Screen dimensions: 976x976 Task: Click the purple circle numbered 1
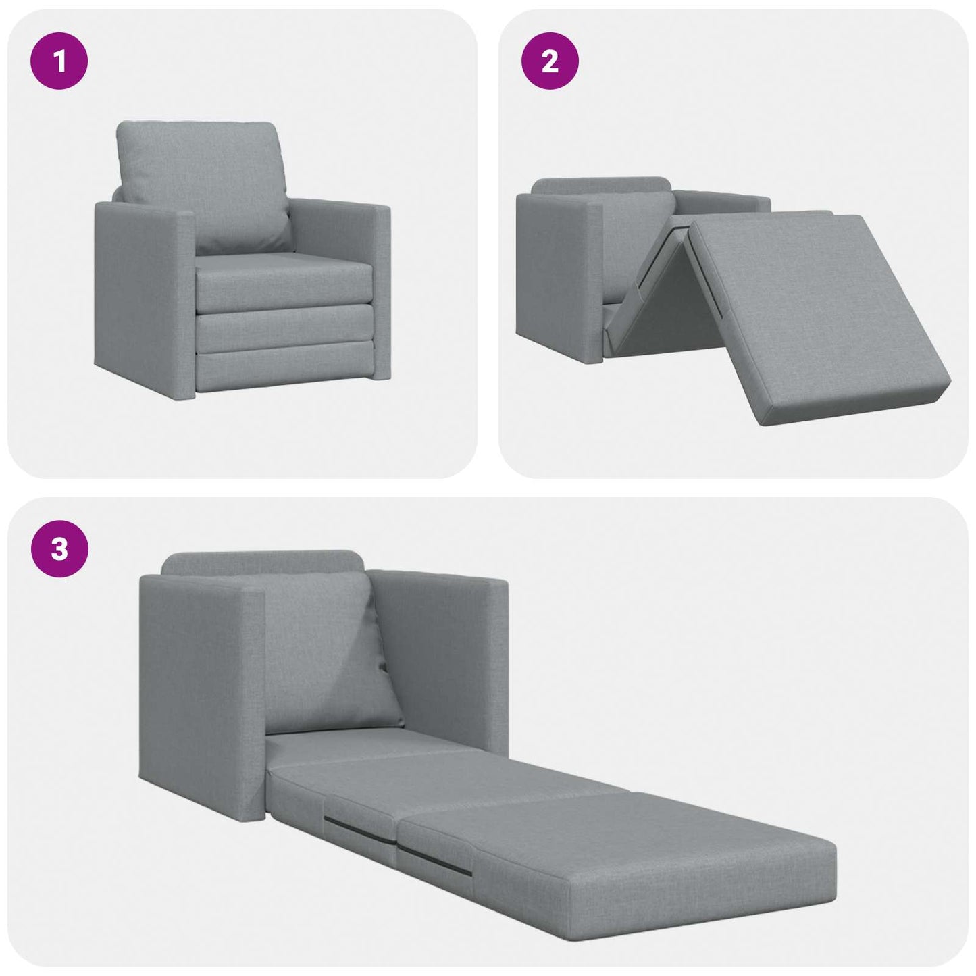click(x=59, y=62)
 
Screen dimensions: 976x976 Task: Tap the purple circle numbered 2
click(x=550, y=62)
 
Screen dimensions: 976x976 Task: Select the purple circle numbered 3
click(x=59, y=548)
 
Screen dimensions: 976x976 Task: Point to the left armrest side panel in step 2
click(x=554, y=270)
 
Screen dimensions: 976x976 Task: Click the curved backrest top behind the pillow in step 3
click(x=263, y=561)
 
